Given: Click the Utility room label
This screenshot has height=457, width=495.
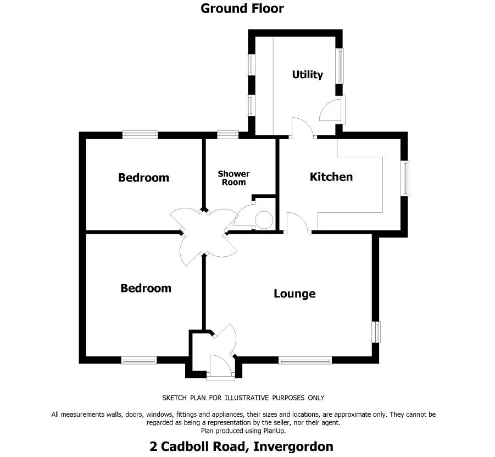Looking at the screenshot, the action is [307, 75].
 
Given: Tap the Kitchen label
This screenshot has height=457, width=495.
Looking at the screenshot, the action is [331, 177].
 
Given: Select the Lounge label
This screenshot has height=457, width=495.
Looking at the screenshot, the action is [294, 294].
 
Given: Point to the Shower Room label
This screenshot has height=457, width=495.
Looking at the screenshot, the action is [233, 178].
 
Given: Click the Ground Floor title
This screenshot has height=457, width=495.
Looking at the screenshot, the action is [242, 8].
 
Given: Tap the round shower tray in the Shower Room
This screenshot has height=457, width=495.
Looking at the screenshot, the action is [264, 220].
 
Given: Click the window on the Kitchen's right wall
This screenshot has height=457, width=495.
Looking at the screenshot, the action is [406, 178].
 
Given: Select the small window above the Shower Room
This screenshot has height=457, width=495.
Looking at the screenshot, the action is [227, 134].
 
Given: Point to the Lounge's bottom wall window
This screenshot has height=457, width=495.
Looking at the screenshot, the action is [305, 361].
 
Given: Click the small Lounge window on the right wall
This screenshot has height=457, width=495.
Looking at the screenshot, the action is [377, 332].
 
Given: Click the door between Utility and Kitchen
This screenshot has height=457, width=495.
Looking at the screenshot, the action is [302, 128].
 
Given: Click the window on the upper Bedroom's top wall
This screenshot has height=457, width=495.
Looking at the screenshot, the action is [140, 134].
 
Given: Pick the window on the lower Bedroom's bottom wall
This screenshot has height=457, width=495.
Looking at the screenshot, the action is [138, 361].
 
